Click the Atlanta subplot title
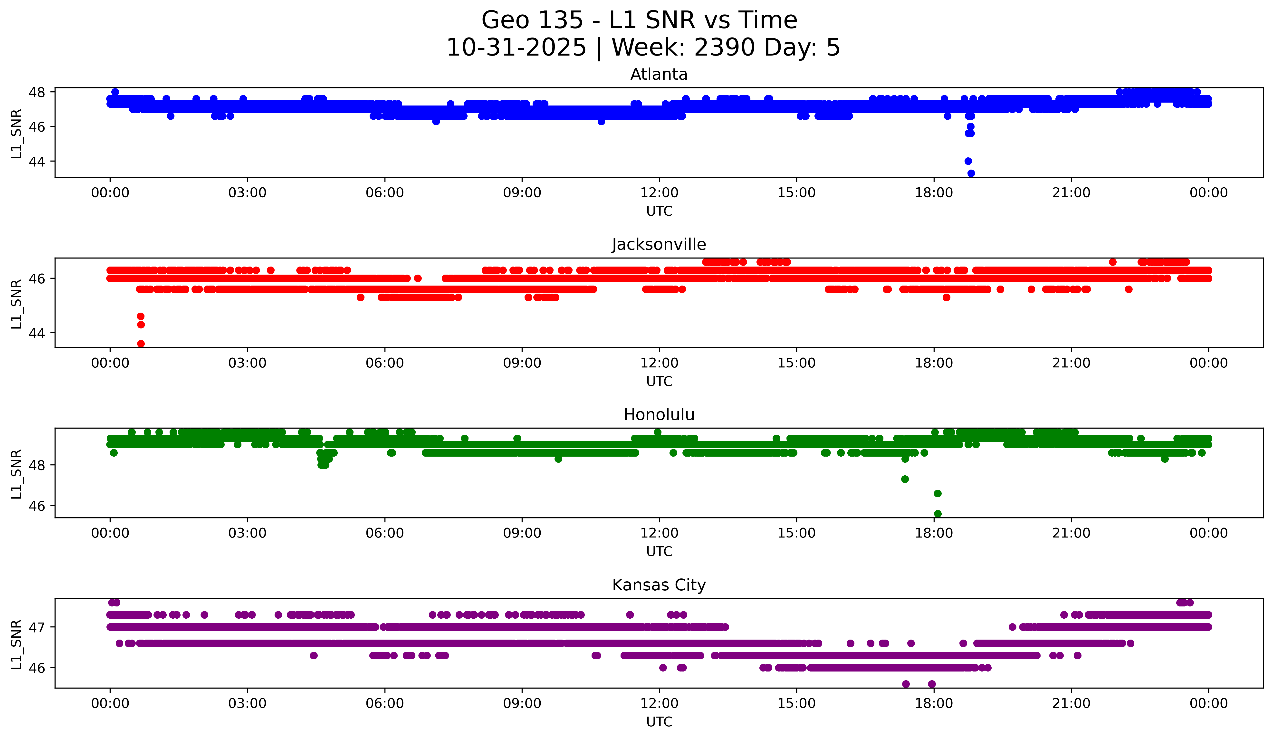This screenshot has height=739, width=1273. [659, 74]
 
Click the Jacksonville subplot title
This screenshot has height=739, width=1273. [659, 244]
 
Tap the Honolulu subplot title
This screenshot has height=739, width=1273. [659, 415]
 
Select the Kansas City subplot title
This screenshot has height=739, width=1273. [659, 585]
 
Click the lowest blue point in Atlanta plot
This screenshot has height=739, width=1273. [971, 173]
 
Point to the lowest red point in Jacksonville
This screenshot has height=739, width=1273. [141, 344]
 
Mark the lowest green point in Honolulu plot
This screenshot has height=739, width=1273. [938, 514]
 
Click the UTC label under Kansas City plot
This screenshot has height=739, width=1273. [659, 722]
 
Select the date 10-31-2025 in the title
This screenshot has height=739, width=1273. [516, 48]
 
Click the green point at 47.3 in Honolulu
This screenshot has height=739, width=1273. [905, 479]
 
